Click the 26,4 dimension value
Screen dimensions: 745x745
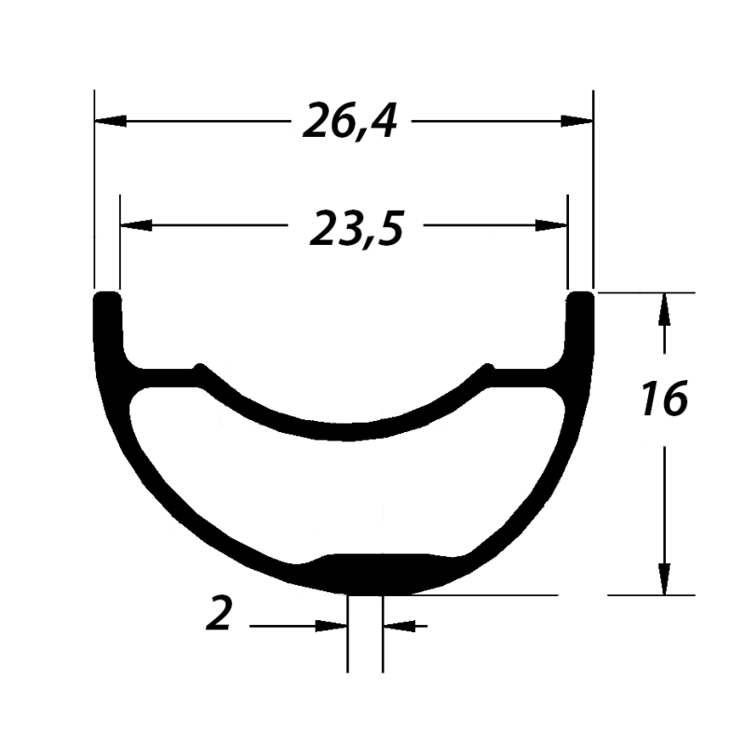[350, 121]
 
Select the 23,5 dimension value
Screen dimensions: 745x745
[357, 229]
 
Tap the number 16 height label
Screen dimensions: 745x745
[665, 399]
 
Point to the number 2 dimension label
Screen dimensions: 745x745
[219, 614]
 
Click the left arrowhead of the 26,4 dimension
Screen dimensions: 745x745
[110, 121]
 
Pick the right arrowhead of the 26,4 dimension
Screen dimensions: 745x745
[576, 121]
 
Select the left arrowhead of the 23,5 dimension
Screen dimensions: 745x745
[136, 225]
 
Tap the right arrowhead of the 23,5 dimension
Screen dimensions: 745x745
[551, 225]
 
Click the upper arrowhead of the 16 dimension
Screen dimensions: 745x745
[664, 309]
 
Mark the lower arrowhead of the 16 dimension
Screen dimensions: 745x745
[664, 578]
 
